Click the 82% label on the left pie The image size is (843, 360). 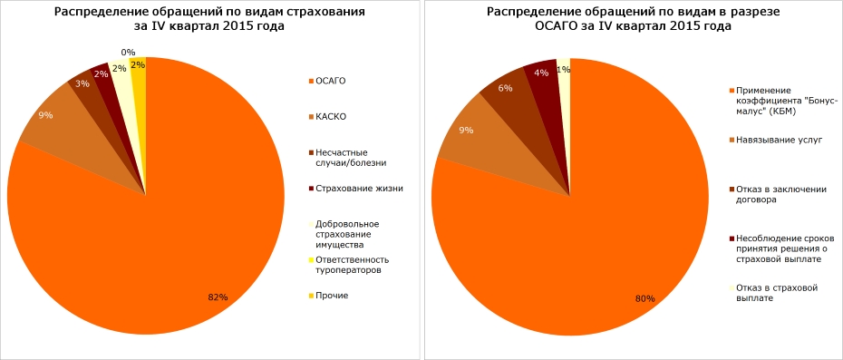[217, 297]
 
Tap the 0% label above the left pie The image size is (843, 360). [128, 53]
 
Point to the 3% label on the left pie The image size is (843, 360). [82, 83]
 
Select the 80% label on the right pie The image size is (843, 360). [644, 297]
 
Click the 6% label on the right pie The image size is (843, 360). [506, 88]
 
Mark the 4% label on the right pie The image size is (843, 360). [541, 73]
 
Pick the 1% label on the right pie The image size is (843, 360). [563, 69]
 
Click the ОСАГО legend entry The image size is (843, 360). [328, 82]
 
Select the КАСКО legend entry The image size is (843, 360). [328, 117]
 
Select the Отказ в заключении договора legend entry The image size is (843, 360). [781, 194]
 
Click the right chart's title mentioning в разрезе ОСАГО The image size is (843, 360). [633, 19]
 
